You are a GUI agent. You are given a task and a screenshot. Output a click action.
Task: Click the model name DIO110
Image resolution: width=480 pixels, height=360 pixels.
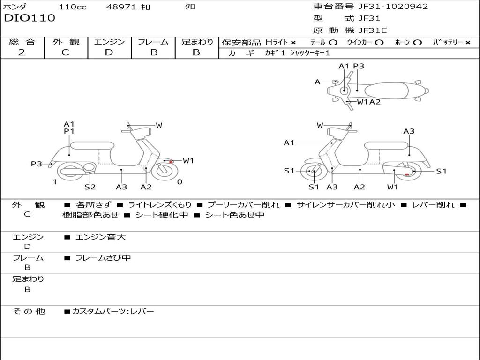coord(30,18)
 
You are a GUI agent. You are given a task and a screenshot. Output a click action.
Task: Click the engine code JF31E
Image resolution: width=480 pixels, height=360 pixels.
coord(372,30)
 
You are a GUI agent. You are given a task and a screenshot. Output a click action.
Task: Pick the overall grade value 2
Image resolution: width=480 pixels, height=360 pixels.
coord(22,52)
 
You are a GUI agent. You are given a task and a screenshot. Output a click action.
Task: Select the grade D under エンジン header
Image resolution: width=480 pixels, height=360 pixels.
coord(109,52)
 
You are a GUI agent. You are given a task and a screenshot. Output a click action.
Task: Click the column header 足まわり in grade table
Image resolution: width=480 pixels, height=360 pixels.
coord(197,42)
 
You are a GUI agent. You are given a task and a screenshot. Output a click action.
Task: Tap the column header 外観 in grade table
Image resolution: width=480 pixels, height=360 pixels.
coord(66,42)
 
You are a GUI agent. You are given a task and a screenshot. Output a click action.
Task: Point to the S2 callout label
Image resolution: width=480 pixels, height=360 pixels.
coord(90,187)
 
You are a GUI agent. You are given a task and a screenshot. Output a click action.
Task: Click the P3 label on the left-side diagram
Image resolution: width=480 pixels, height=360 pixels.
coord(37,164)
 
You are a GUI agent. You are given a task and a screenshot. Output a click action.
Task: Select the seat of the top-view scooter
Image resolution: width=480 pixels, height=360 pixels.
coord(389,91)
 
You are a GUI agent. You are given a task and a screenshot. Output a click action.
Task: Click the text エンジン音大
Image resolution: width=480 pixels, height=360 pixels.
coord(101,237)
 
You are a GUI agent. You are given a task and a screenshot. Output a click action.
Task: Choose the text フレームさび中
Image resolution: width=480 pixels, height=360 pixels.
coord(103,258)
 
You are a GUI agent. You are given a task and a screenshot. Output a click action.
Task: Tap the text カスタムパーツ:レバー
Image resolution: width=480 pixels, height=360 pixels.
coord(112,311)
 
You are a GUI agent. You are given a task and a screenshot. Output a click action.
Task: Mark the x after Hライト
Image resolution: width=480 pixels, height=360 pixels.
coord(293,42)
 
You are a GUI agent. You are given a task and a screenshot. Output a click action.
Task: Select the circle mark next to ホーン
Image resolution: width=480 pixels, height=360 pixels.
coord(417,42)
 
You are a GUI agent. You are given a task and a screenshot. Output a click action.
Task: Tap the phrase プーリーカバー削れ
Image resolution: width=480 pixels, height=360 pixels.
coord(243,204)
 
